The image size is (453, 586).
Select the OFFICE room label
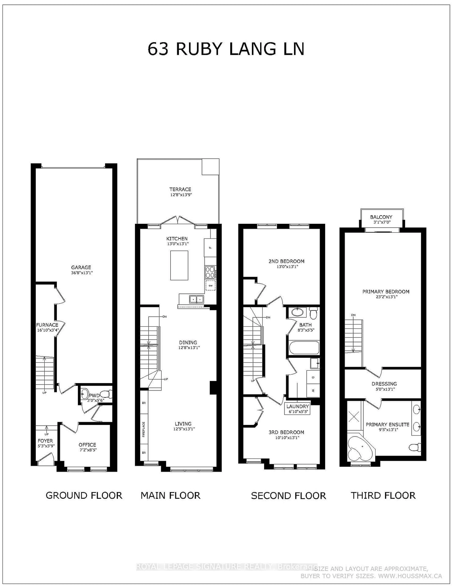87,445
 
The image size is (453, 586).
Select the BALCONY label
381,217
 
